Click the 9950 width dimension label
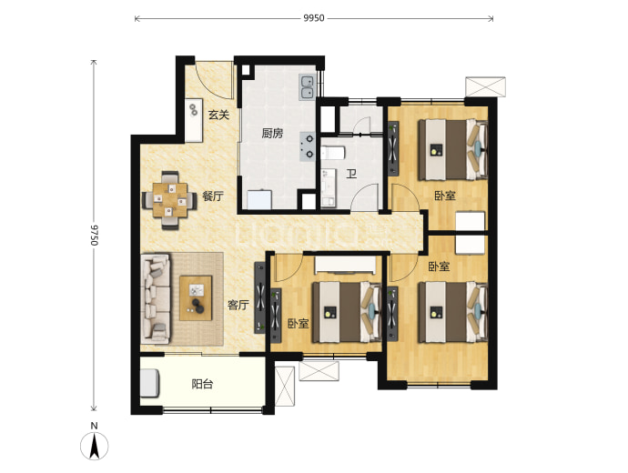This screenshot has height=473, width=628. point(314,18)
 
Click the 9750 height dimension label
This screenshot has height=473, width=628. point(94,235)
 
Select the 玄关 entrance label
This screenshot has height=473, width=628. point(218,116)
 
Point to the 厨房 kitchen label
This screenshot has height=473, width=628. point(272,133)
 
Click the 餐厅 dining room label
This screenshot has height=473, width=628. point(213,196)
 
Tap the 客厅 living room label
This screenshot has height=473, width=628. point(238,306)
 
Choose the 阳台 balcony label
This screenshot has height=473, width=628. point(202,385)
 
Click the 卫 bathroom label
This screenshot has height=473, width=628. point(351,174)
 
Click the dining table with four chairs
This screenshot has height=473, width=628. point(170,200)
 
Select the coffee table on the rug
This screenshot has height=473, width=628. point(196,298)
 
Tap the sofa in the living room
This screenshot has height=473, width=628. point(156,298)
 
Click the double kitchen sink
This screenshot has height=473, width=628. point(307,87)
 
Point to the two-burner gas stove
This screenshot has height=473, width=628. point(308,146)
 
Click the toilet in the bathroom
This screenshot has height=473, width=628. point(332,153)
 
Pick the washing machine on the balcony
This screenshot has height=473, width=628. point(150,383)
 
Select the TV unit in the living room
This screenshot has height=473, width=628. point(260,297)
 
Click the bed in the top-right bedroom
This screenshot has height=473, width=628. point(453,149)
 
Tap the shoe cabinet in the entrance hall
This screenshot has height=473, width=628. point(194,120)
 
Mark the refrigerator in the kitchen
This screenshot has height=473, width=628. point(259,199)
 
